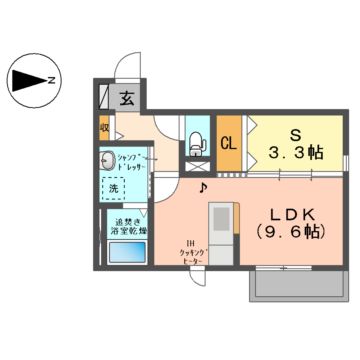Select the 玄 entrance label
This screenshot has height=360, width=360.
pyautogui.click(x=128, y=98)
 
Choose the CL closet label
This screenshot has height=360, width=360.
pyautogui.click(x=228, y=143)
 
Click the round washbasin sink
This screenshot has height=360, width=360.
pyautogui.click(x=107, y=160)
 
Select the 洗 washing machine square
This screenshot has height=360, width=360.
pyautogui.click(x=115, y=187)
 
